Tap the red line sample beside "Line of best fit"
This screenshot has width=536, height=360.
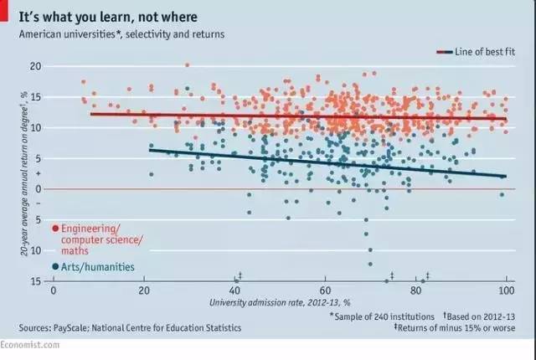click(x=444, y=52)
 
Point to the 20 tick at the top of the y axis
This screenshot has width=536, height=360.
click(x=36, y=65)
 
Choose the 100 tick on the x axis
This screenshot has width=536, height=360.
click(x=505, y=291)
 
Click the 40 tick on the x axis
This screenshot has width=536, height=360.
click(x=234, y=291)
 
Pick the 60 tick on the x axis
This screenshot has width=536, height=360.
click(x=325, y=291)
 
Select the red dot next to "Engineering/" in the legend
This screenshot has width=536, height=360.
click(x=55, y=228)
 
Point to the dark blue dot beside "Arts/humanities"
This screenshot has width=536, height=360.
click(x=55, y=266)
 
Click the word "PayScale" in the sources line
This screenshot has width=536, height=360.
click(x=73, y=328)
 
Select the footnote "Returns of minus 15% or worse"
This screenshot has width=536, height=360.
click(x=463, y=328)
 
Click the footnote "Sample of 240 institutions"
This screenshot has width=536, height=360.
click(x=384, y=316)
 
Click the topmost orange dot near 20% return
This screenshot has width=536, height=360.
click(x=187, y=64)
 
